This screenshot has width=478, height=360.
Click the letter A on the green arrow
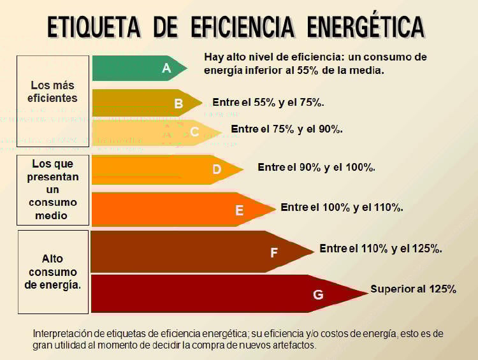tap(166, 68)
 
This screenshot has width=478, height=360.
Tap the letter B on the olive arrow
tap(178, 103)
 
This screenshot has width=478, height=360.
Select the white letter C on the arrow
tap(195, 132)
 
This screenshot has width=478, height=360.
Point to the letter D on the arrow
tap(217, 169)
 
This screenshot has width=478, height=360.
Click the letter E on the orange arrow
tap(240, 210)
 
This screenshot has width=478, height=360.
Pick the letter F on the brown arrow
tap(274, 252)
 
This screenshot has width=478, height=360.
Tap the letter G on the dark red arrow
tap(318, 294)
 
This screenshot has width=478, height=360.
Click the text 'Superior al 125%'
tap(413, 289)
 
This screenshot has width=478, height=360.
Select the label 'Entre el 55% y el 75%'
tap(268, 103)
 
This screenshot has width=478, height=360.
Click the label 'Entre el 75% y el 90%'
tap(287, 129)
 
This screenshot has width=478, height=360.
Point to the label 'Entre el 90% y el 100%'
tap(316, 168)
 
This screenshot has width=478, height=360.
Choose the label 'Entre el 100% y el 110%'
tap(342, 208)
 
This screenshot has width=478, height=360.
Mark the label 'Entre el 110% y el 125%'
tap(380, 248)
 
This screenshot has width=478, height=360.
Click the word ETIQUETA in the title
tap(94, 27)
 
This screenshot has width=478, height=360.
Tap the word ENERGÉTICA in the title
tap(365, 27)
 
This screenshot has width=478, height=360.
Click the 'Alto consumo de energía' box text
tap(53, 272)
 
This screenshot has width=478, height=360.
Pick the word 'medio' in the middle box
tap(52, 215)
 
